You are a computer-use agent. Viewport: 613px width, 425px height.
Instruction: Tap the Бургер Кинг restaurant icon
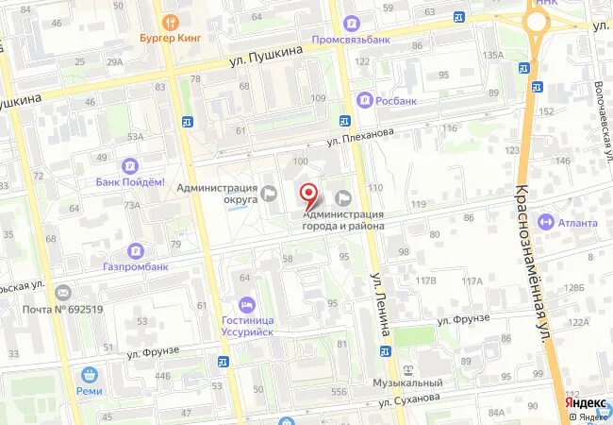170,22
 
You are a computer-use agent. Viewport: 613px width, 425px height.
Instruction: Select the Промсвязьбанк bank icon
352,23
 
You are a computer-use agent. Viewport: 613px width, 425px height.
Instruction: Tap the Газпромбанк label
136,266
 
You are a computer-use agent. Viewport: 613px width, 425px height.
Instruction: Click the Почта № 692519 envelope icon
62,293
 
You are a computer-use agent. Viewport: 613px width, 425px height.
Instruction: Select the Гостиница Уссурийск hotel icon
246,304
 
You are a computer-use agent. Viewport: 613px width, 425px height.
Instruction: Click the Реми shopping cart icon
89,375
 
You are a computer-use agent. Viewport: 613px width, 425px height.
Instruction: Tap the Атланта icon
545,222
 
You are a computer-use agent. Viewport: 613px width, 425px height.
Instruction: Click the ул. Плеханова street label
360,134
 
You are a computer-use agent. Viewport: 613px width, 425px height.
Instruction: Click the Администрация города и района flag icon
343,196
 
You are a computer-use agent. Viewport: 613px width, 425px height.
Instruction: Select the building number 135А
493,55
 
